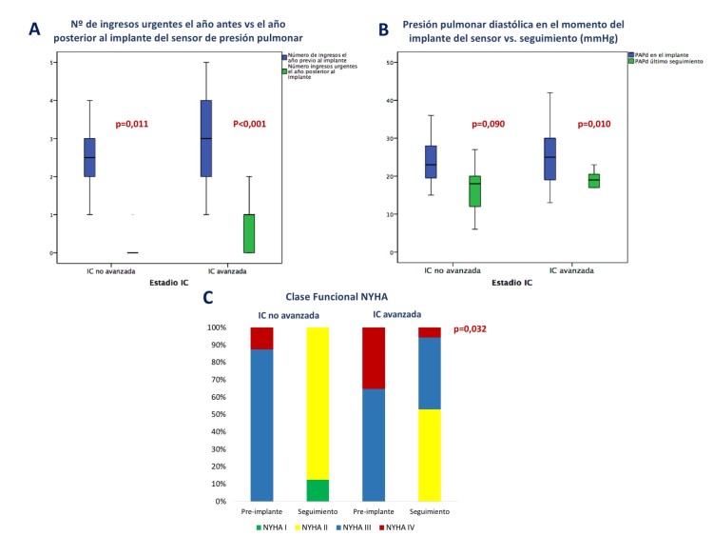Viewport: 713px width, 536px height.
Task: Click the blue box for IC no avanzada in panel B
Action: [x=431, y=162]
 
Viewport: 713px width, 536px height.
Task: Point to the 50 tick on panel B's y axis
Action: [x=390, y=62]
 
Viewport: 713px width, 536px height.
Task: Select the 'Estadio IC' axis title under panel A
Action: [x=173, y=283]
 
